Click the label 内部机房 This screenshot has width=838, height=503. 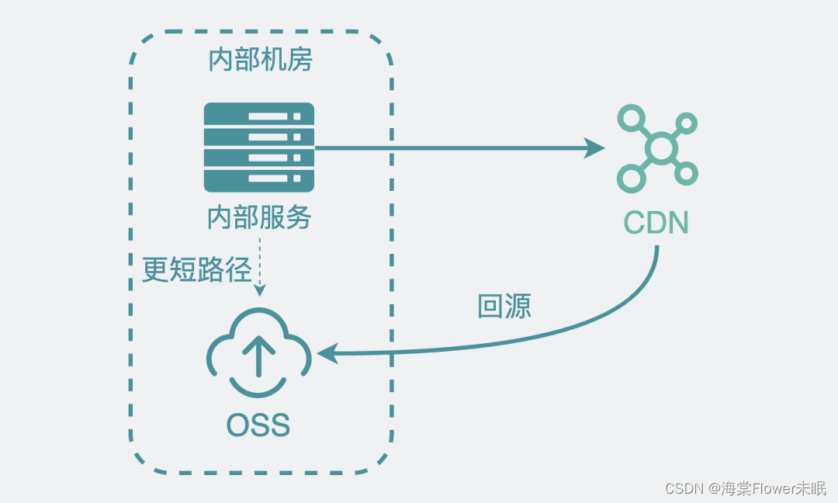point(260,60)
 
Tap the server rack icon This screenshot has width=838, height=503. point(258,147)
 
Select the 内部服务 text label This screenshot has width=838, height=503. point(258,217)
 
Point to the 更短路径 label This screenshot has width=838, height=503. point(196,269)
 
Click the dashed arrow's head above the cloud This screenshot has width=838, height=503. point(260,290)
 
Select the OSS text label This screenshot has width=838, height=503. point(258,425)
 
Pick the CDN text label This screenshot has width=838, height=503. point(656,223)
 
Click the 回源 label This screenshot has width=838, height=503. point(504,307)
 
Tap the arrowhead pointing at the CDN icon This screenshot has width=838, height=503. point(595,147)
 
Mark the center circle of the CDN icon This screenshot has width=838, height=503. point(660,149)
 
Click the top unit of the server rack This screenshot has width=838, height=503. point(258,115)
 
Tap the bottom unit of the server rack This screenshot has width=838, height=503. point(258,179)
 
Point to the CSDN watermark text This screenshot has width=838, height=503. point(684,488)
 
